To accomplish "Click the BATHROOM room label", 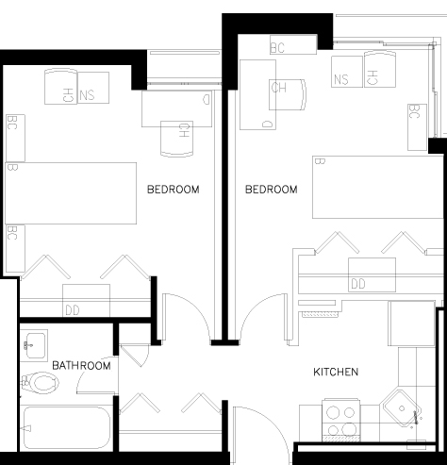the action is tap(81, 366).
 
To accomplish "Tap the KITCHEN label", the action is tap(336, 372).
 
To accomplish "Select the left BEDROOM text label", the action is tap(174, 190).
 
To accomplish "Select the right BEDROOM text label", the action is tap(272, 190).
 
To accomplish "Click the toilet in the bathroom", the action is tap(41, 383).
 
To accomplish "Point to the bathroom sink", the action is tap(34, 345).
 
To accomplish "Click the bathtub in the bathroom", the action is tap(67, 427).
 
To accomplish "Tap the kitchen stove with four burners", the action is tap(341, 421).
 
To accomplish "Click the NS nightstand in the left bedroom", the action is tap(93, 88).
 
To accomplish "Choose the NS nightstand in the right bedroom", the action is tap(347, 72).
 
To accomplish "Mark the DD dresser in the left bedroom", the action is tap(86, 301).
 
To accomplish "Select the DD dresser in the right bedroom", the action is tap(372, 274).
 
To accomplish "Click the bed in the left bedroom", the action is tap(71, 193).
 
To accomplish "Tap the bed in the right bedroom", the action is tap(378, 187).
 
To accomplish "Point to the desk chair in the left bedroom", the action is tap(177, 139).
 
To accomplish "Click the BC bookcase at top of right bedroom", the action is tap(293, 44).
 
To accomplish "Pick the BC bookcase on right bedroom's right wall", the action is tap(417, 127).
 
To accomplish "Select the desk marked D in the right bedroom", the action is tap(257, 94).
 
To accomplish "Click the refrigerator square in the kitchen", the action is tap(411, 324).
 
